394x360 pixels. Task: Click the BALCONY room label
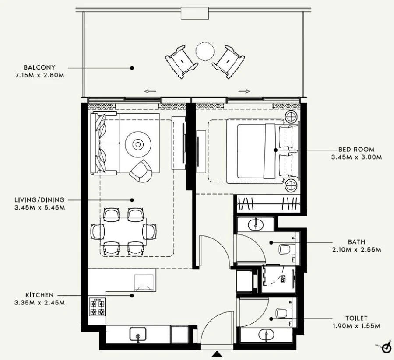[39, 68]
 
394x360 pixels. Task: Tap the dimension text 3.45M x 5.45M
[39, 207]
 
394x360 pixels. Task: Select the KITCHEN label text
[39, 295]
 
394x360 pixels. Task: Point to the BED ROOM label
[356, 150]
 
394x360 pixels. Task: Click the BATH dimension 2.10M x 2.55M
[356, 250]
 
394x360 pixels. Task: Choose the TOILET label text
[356, 318]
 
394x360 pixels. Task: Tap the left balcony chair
[181, 61]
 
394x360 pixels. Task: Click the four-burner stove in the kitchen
[97, 307]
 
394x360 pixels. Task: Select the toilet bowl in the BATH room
[285, 250]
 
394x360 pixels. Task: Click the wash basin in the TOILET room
[266, 335]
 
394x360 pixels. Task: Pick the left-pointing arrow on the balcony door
[150, 91]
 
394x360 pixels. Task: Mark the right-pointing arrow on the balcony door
[245, 91]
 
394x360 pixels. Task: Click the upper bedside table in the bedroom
[291, 116]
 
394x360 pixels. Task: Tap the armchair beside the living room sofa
[141, 171]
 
